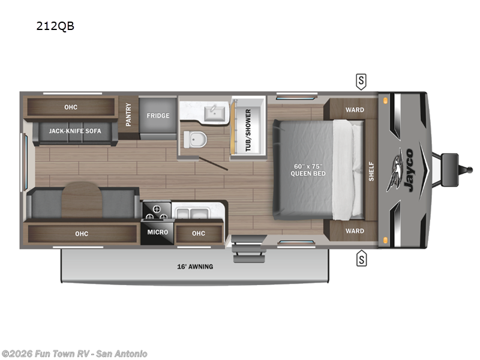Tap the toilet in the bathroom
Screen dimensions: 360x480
[196, 139]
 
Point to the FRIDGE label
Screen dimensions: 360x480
[158, 115]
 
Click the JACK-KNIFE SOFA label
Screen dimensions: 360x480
[75, 131]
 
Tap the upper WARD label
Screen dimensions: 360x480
[355, 110]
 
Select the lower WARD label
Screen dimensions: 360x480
[355, 231]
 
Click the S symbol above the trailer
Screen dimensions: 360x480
[361, 80]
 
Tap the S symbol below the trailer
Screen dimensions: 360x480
[361, 259]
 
